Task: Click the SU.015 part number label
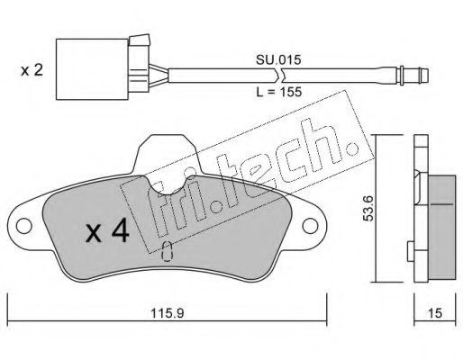[x=278, y=60]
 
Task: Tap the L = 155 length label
[x=278, y=92]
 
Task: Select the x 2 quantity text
[x=32, y=71]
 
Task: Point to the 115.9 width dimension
[x=167, y=313]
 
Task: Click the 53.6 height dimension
[x=368, y=208]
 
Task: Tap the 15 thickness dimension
[x=435, y=313]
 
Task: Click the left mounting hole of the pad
[x=24, y=226]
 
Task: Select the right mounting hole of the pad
[x=310, y=226]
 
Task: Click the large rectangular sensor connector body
[x=92, y=69]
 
